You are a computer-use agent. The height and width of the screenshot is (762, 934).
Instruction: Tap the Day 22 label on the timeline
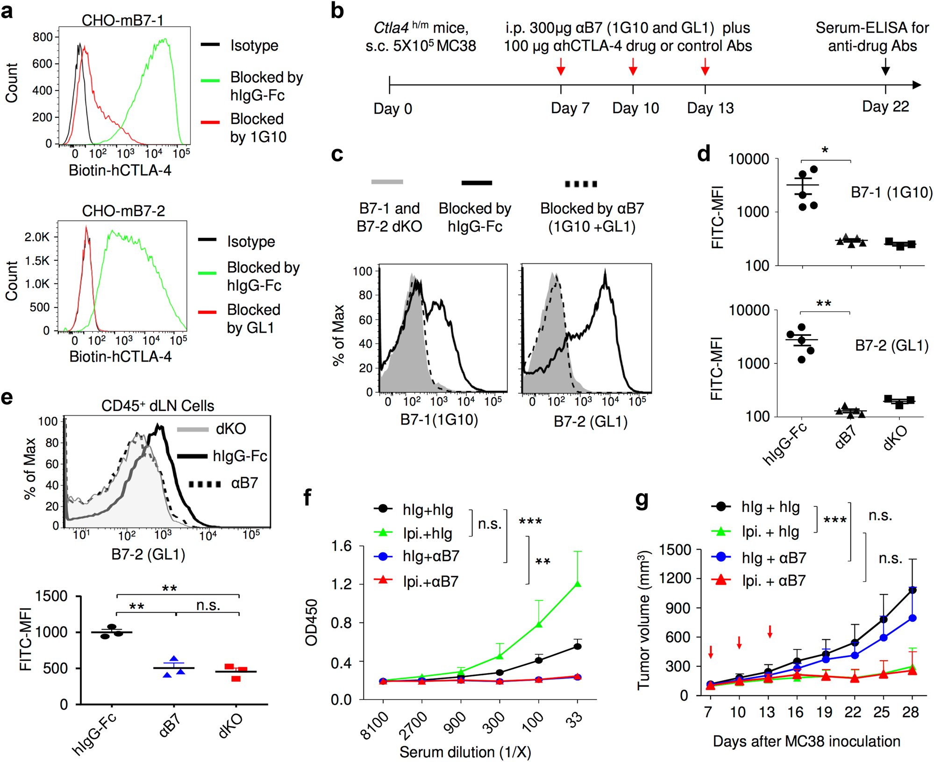click(885, 107)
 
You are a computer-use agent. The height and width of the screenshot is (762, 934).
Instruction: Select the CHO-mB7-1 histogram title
click(122, 20)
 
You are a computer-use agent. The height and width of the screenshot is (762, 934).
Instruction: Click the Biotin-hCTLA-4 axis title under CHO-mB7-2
click(121, 356)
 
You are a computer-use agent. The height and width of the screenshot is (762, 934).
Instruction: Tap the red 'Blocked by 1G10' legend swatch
click(210, 122)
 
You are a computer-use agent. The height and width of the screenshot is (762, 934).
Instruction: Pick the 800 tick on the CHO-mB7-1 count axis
click(43, 37)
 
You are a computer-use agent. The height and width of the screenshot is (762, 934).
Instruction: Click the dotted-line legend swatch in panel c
click(581, 184)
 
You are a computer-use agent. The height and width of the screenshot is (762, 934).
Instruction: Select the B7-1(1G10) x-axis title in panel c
click(439, 420)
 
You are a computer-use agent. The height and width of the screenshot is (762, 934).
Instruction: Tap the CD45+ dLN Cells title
click(157, 406)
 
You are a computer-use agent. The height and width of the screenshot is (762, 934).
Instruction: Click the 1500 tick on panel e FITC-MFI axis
click(52, 596)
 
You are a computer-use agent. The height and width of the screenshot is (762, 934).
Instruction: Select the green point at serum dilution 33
click(578, 584)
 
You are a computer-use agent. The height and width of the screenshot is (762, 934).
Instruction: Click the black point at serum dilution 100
click(539, 660)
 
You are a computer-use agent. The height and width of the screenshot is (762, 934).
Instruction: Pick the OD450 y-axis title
click(311, 622)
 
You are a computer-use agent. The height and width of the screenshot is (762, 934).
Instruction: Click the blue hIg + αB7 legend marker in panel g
click(721, 557)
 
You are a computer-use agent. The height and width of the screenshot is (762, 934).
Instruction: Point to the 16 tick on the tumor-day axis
click(795, 712)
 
